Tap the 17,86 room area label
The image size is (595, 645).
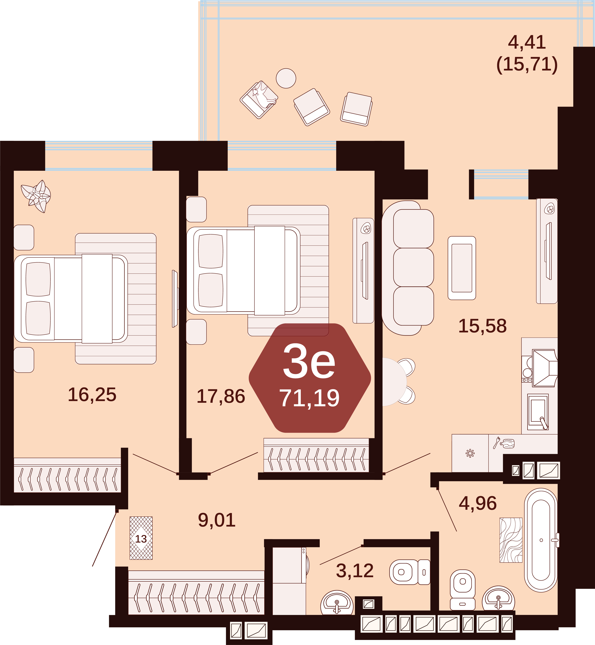tap(221, 396)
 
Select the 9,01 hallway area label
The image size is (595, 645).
tap(217, 520)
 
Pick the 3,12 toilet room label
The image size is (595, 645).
tap(355, 571)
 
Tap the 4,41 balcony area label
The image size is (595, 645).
tap(527, 42)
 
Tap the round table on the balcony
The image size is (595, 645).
tap(286, 78)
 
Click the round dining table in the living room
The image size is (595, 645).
tap(394, 382)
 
